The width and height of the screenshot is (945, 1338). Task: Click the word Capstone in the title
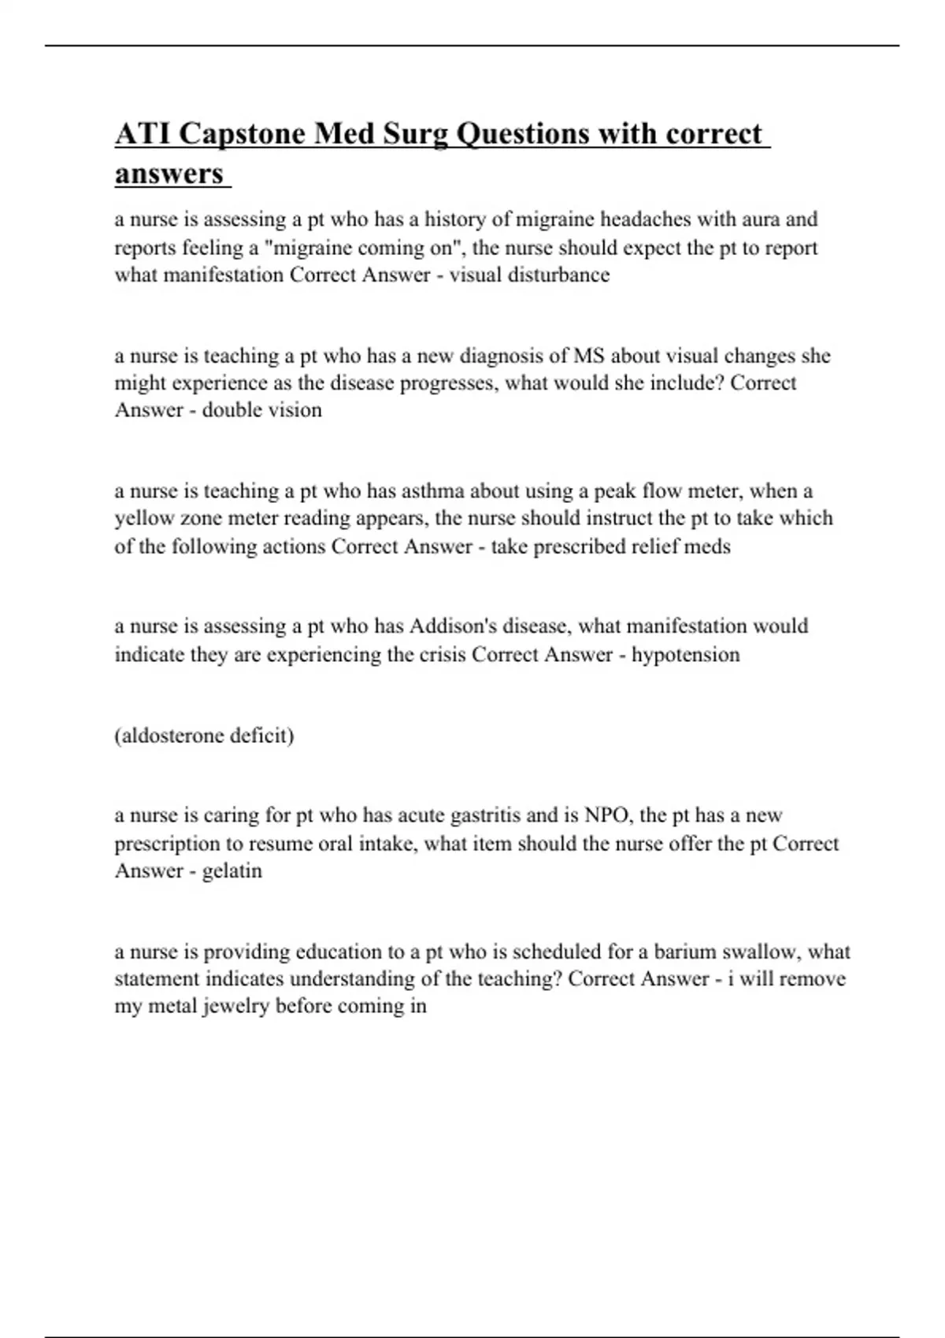coord(240,134)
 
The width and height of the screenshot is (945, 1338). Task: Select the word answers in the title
coord(169,174)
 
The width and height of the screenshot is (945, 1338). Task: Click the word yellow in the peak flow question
coord(143,519)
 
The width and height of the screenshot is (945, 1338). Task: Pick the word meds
coord(707,546)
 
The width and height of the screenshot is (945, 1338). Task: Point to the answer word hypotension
coord(685,655)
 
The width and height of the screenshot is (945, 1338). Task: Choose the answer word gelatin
coord(232,871)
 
